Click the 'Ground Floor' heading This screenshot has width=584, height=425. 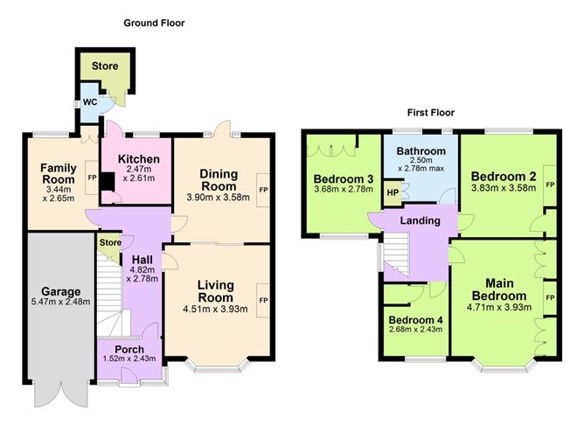pyautogui.click(x=154, y=23)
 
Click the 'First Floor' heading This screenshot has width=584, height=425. pyautogui.click(x=430, y=113)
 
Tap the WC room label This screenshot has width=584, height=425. pyautogui.click(x=89, y=101)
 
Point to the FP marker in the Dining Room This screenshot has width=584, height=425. pyautogui.click(x=262, y=190)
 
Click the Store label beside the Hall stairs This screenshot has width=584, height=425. pyautogui.click(x=109, y=242)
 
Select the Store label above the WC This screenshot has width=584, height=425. pyautogui.click(x=106, y=66)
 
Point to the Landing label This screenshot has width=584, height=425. pyautogui.click(x=420, y=221)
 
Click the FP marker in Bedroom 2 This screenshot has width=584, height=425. pyautogui.click(x=550, y=185)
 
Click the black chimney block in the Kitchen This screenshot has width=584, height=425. pyautogui.click(x=107, y=182)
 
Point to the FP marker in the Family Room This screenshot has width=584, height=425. pyautogui.click(x=91, y=178)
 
